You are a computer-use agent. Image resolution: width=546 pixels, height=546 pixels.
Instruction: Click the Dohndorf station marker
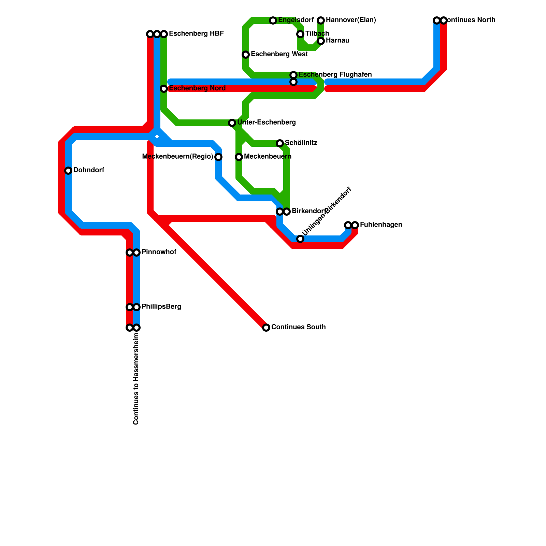coord(68,171)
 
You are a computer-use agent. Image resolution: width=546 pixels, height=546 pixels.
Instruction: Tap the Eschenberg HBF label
coord(196,34)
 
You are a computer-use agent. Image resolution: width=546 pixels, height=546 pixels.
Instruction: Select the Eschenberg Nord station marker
coord(164,89)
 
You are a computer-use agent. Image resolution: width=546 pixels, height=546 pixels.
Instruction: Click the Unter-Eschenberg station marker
coord(232,123)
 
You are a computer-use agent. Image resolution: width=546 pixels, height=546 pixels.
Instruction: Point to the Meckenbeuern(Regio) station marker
coord(218,157)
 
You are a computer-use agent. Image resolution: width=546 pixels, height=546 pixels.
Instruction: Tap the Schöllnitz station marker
coord(280,143)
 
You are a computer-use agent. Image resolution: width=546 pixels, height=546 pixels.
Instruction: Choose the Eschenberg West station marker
coord(246,55)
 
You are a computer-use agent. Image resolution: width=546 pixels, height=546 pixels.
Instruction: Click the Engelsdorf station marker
coord(273,20)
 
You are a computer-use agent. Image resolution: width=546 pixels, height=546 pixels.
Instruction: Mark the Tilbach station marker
coord(300,34)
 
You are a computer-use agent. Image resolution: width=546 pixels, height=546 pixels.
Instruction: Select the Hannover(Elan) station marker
coord(321,20)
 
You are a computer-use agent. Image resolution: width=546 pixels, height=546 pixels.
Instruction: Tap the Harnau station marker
coord(321,41)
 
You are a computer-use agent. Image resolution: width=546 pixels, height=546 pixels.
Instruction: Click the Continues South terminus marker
coord(266,328)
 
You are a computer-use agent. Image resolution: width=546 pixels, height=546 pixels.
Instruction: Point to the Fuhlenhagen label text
coord(381,225)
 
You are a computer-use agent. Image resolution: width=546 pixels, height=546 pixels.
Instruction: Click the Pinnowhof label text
coord(159,252)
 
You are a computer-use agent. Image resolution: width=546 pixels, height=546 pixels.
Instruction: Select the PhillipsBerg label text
coord(161,307)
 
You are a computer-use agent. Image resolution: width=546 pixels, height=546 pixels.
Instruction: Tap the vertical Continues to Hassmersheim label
coord(136,379)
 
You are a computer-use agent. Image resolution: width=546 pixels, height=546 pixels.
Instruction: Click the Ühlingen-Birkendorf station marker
coord(300,239)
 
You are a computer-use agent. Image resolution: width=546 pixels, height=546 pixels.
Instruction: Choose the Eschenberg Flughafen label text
coord(335,75)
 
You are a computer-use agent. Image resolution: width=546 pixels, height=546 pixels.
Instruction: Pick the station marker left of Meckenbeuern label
coord(239,157)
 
